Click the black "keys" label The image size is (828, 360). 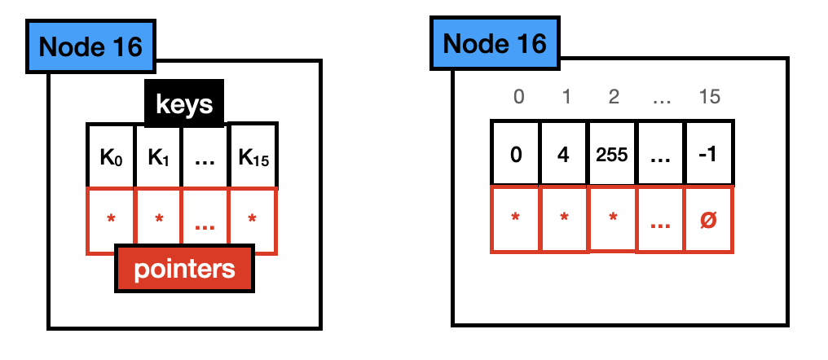coord(184,103)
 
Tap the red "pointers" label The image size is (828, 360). coord(184,270)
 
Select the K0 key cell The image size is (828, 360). coord(111,156)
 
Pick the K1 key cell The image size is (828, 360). coord(158,156)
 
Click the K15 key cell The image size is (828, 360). coord(253,156)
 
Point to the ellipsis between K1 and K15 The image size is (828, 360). coord(205,156)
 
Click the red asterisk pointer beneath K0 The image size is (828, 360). coord(111,219)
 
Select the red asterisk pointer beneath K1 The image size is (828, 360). coord(158,219)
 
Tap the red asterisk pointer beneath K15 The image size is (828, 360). coord(253,219)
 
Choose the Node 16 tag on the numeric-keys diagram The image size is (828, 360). coord(495,43)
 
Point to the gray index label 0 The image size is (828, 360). coord(518,97)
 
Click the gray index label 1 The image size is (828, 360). coord(564,97)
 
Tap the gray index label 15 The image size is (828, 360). coord(709,97)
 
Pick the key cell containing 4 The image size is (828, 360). coord(564,154)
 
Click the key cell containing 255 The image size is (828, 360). coord(612,154)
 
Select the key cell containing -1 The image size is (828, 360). coord(709,154)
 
